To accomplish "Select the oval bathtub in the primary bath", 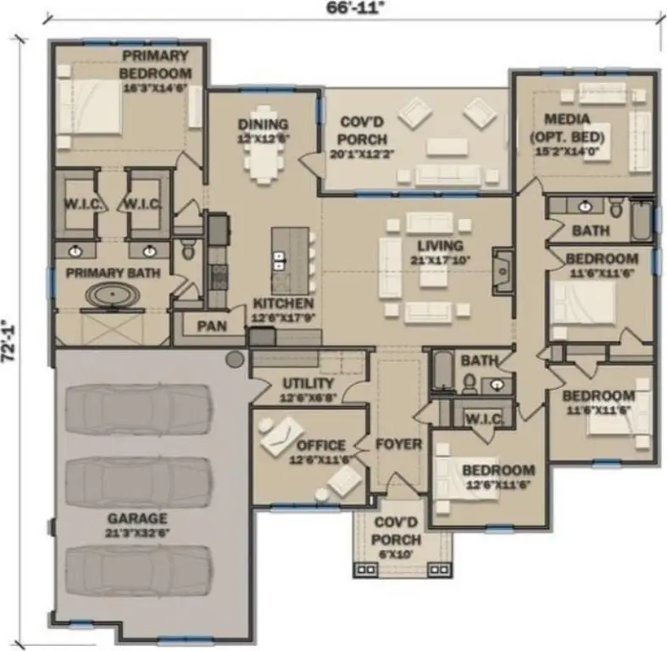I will pyautogui.click(x=114, y=296).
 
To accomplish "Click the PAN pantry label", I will pyautogui.click(x=209, y=326).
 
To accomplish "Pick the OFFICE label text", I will pyautogui.click(x=320, y=445).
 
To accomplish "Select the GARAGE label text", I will pyautogui.click(x=136, y=518).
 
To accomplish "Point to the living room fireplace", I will pyautogui.click(x=503, y=270).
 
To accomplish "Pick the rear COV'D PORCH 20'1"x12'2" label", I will pyautogui.click(x=364, y=133).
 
